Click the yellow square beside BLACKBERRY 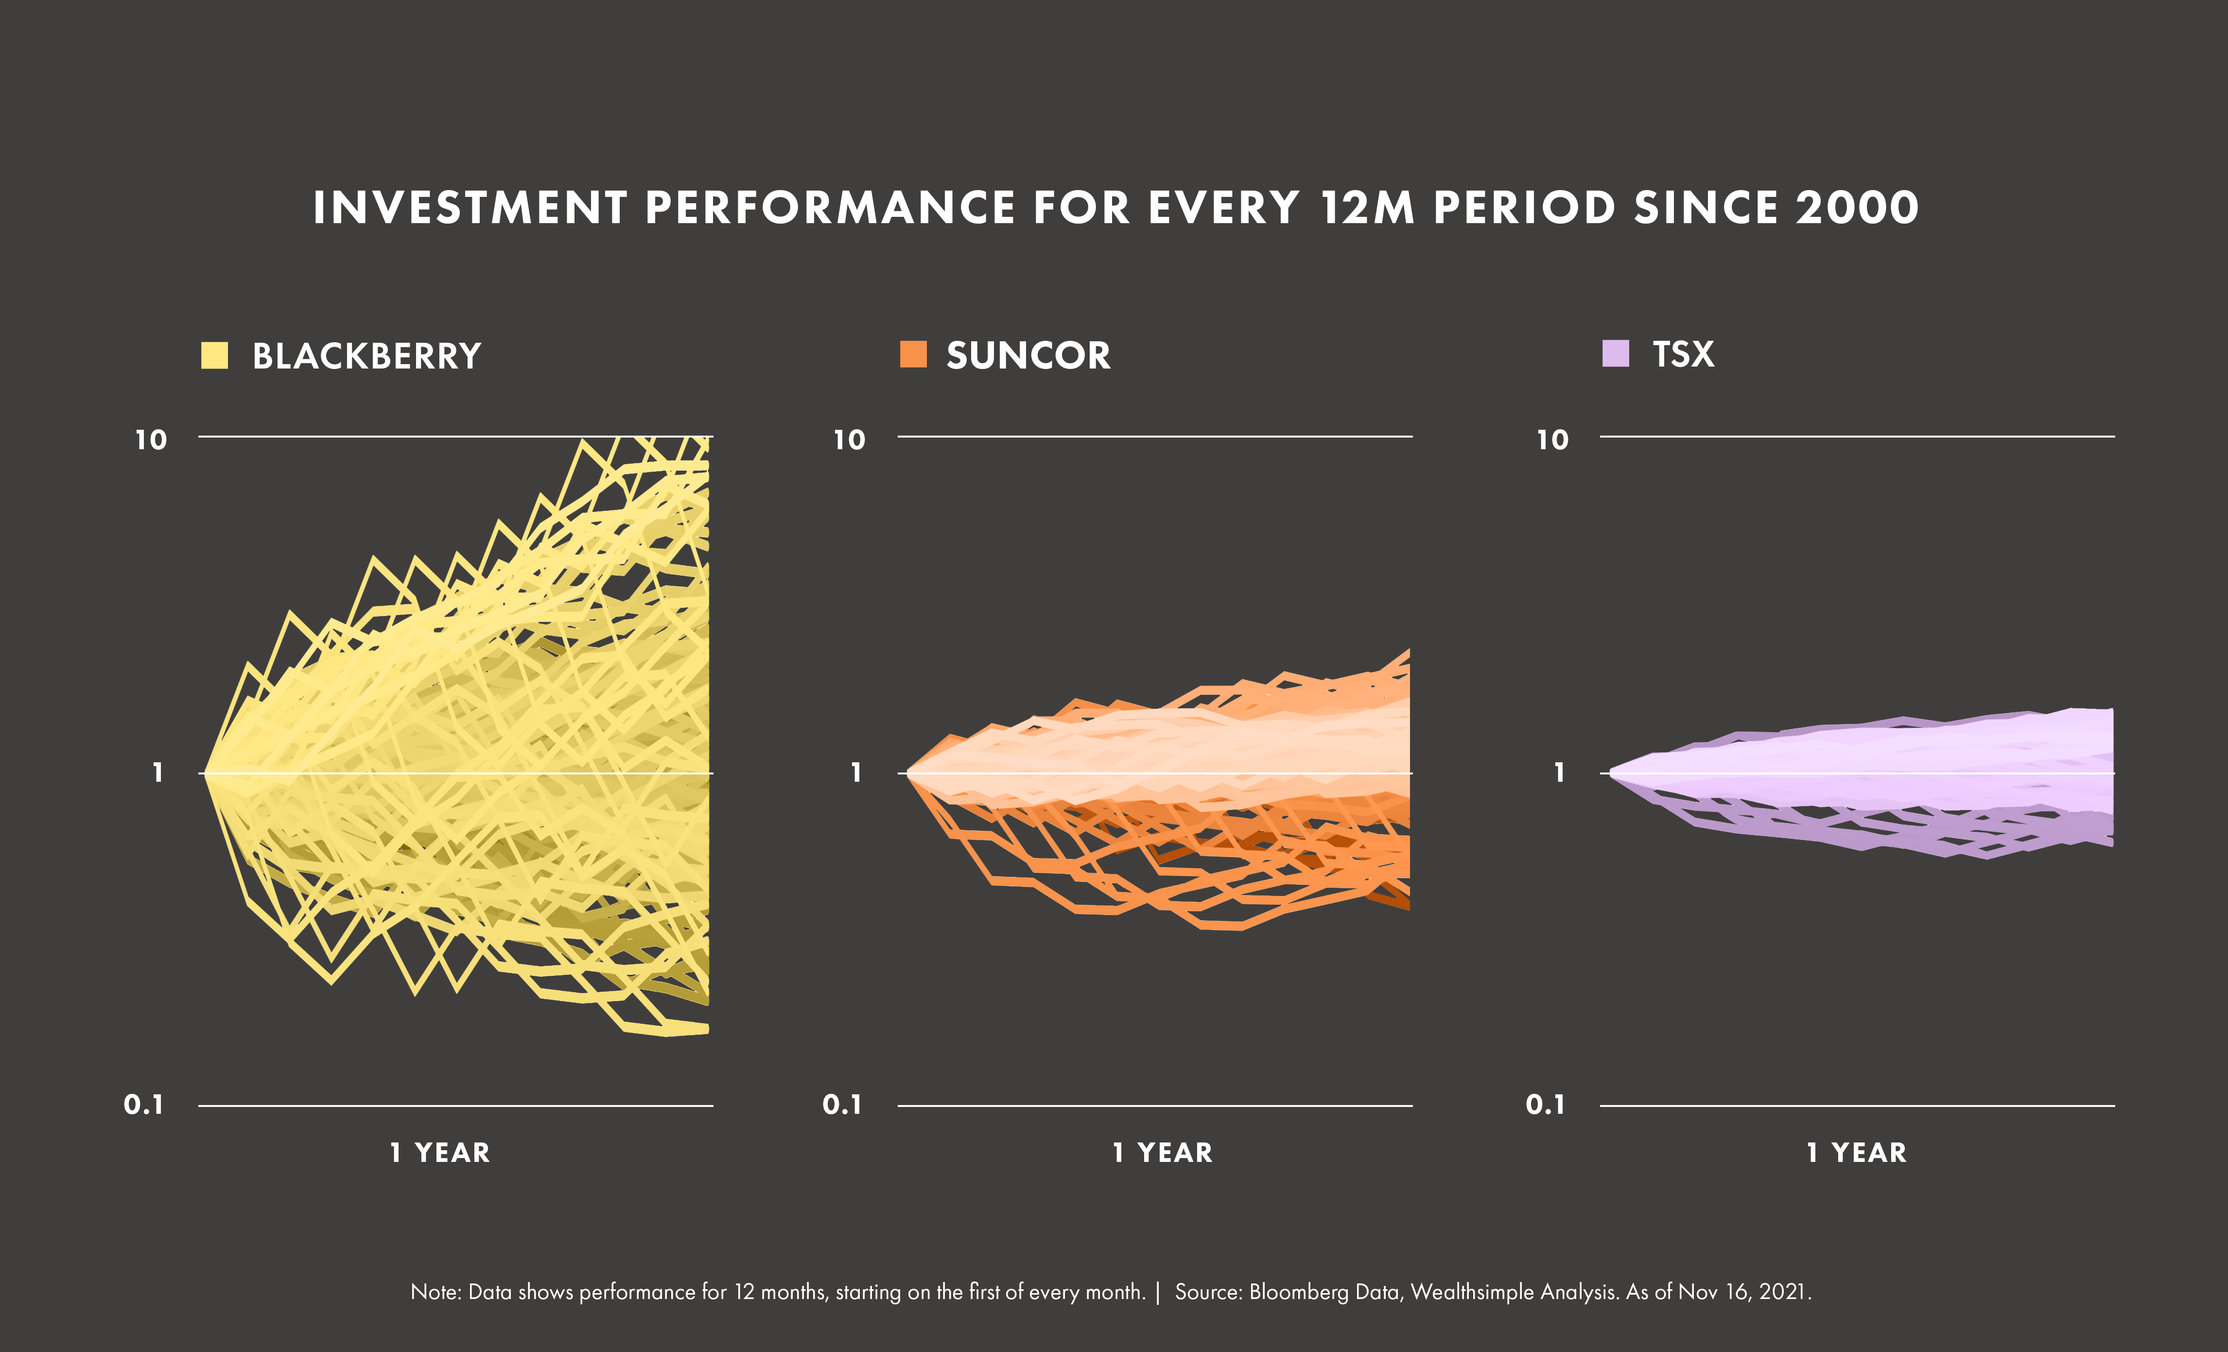pos(214,355)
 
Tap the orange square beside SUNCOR pos(913,354)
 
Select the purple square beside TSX pos(1615,353)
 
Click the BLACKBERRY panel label pos(366,356)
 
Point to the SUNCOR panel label pos(1028,355)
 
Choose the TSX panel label pos(1683,354)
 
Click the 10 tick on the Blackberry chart pos(151,440)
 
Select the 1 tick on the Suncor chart pos(855,773)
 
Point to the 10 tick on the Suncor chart pos(849,440)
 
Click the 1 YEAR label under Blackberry pos(440,1153)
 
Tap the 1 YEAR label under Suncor pos(1163,1153)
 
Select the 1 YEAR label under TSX pos(1856,1153)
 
